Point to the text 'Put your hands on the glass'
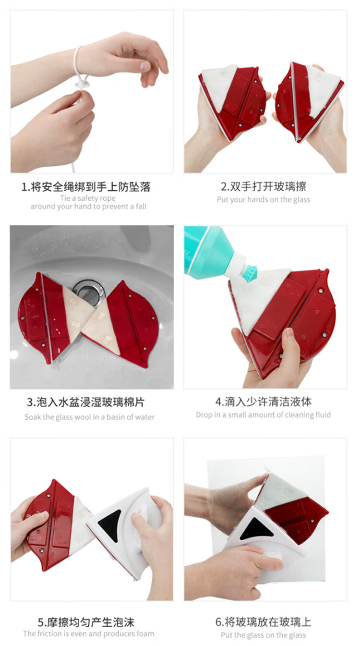coord(264,200)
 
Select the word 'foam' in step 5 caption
coord(145,634)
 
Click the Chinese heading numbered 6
coord(264,622)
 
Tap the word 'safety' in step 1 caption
coord(87,198)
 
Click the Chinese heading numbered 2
coord(264,186)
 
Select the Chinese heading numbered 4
coord(264,402)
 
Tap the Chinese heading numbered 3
coord(86,402)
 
